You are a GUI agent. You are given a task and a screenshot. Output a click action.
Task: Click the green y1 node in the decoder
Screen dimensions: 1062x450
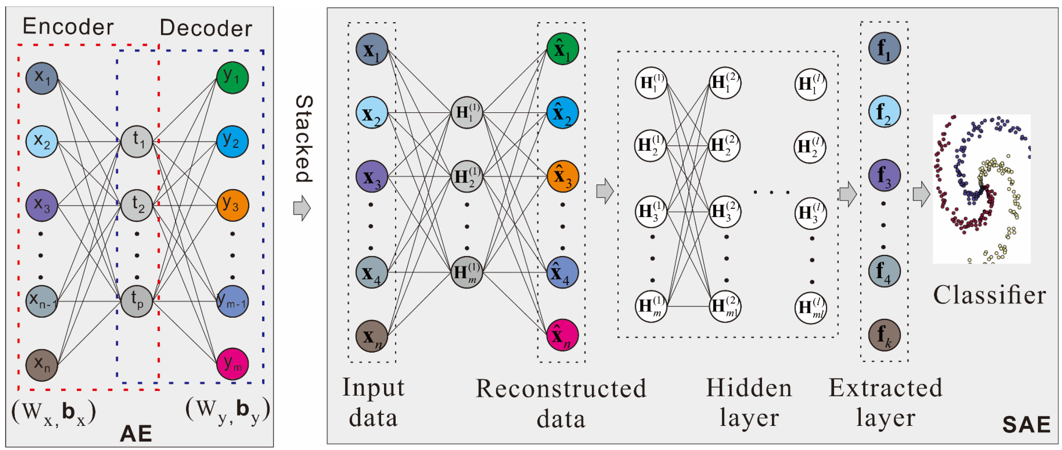pyautogui.click(x=233, y=78)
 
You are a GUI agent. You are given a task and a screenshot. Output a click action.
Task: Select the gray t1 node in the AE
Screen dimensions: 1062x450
pyautogui.click(x=137, y=142)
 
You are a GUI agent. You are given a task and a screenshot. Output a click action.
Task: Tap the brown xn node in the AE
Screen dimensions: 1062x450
pyautogui.click(x=42, y=365)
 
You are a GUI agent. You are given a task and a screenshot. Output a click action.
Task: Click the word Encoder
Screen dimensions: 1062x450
pyautogui.click(x=68, y=27)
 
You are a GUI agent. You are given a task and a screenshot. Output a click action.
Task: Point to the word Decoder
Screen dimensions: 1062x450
pyautogui.click(x=206, y=28)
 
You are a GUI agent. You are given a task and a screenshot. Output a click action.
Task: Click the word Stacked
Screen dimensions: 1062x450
pyautogui.click(x=304, y=139)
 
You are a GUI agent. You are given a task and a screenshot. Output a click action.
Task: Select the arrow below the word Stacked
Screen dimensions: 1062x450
pyautogui.click(x=302, y=208)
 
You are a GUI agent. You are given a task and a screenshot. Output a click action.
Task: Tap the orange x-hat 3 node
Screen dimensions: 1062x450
pyautogui.click(x=563, y=176)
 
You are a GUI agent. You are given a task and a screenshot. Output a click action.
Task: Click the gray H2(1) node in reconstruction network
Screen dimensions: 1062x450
pyautogui.click(x=467, y=177)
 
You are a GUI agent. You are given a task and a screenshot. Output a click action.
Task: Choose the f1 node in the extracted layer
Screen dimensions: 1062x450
pyautogui.click(x=884, y=48)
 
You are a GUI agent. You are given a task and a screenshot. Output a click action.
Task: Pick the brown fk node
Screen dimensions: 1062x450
pyautogui.click(x=884, y=335)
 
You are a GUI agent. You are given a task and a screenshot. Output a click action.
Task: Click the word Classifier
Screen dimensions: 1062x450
pyautogui.click(x=989, y=295)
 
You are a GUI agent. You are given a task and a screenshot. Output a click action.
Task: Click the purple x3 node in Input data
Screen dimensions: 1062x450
pyautogui.click(x=372, y=177)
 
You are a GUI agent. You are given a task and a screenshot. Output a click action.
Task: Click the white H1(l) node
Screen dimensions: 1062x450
pyautogui.click(x=810, y=84)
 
